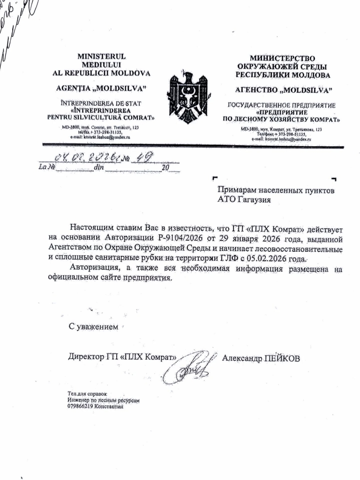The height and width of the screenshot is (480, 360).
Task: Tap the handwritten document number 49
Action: click(x=145, y=157)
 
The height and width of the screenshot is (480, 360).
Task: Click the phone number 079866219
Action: click(x=80, y=407)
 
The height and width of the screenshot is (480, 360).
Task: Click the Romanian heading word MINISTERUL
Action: click(x=102, y=57)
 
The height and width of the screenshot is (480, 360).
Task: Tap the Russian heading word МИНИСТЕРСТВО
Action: click(x=282, y=58)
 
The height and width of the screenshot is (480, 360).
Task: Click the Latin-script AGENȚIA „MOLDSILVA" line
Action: click(x=101, y=88)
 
